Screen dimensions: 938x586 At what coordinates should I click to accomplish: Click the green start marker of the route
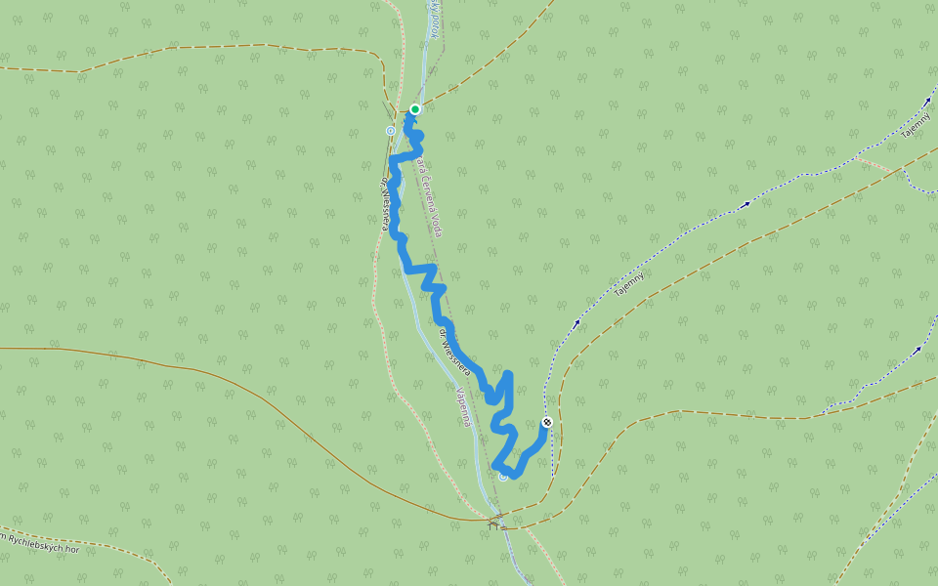[415, 108]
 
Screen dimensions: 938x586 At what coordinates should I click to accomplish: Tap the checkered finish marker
[547, 422]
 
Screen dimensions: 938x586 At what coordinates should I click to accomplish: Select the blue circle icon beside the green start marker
[391, 130]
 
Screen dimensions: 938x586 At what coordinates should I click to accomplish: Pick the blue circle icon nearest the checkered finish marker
[503, 477]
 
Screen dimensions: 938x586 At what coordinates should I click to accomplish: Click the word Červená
[426, 186]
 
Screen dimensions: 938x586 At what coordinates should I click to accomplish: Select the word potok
[431, 18]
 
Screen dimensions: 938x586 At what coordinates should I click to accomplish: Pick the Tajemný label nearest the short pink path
[916, 125]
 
